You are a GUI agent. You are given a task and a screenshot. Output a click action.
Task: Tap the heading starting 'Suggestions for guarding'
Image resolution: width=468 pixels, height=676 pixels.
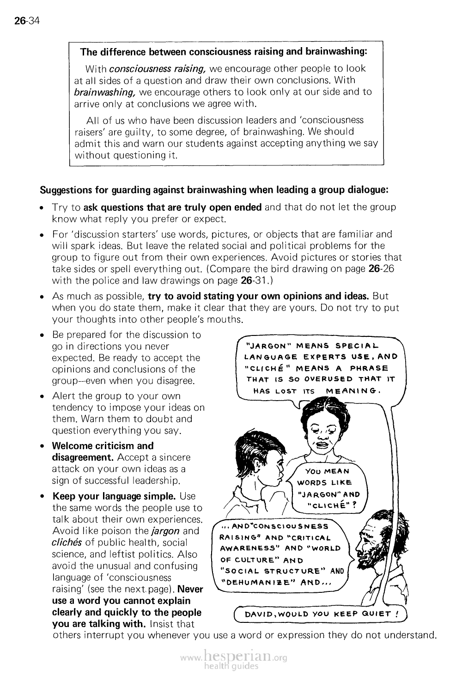215,190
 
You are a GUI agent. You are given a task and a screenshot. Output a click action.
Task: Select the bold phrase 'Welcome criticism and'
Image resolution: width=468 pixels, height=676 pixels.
103,446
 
